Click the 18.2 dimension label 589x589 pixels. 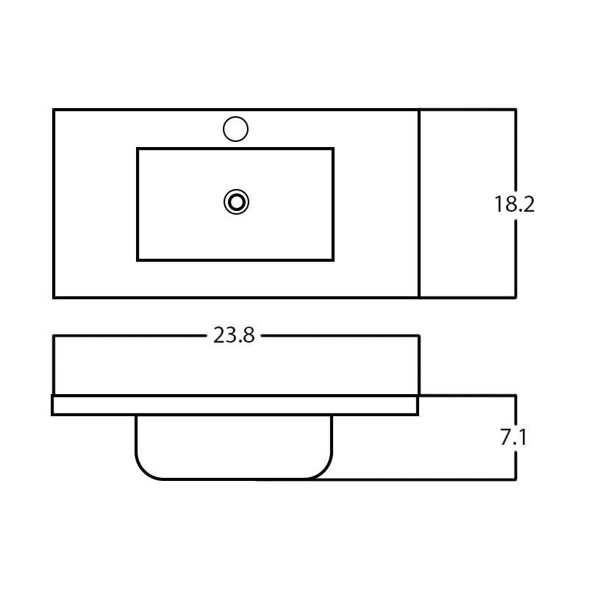[x=514, y=204]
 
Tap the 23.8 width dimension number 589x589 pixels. [x=234, y=335]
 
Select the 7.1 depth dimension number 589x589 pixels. [x=513, y=438]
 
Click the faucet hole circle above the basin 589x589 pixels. [x=235, y=129]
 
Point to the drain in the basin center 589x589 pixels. [x=236, y=202]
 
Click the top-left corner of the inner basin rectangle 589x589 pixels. [x=138, y=149]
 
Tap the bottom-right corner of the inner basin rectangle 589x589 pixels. [x=333, y=260]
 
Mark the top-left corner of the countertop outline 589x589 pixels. [x=54, y=110]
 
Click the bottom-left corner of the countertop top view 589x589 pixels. [x=54, y=298]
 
